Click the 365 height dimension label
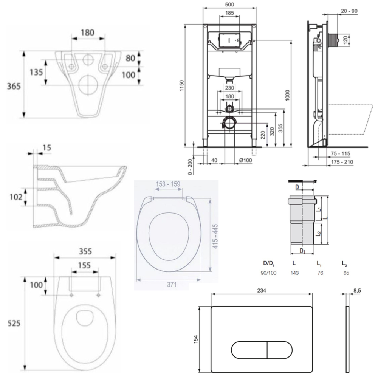pos(14,86)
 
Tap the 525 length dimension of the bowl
pos(14,323)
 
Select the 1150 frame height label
pos(181,85)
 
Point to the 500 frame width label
pos(229,4)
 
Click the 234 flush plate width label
pos(262,290)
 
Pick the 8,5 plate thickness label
pos(357,290)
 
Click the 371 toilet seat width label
pos(172,285)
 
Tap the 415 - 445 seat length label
pos(215,236)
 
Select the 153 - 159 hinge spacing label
pos(168,184)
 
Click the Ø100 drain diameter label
pos(245,160)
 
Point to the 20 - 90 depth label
pos(349,11)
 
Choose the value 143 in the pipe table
pos(294,273)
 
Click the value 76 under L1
pos(321,273)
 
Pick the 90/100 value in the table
pos(268,273)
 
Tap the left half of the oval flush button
pos(249,350)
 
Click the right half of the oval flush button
pos(280,350)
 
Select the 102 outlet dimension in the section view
pos(16,197)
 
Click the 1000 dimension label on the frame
pos(287,95)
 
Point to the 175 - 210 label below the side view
pos(342,162)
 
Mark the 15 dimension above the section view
pos(47,147)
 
